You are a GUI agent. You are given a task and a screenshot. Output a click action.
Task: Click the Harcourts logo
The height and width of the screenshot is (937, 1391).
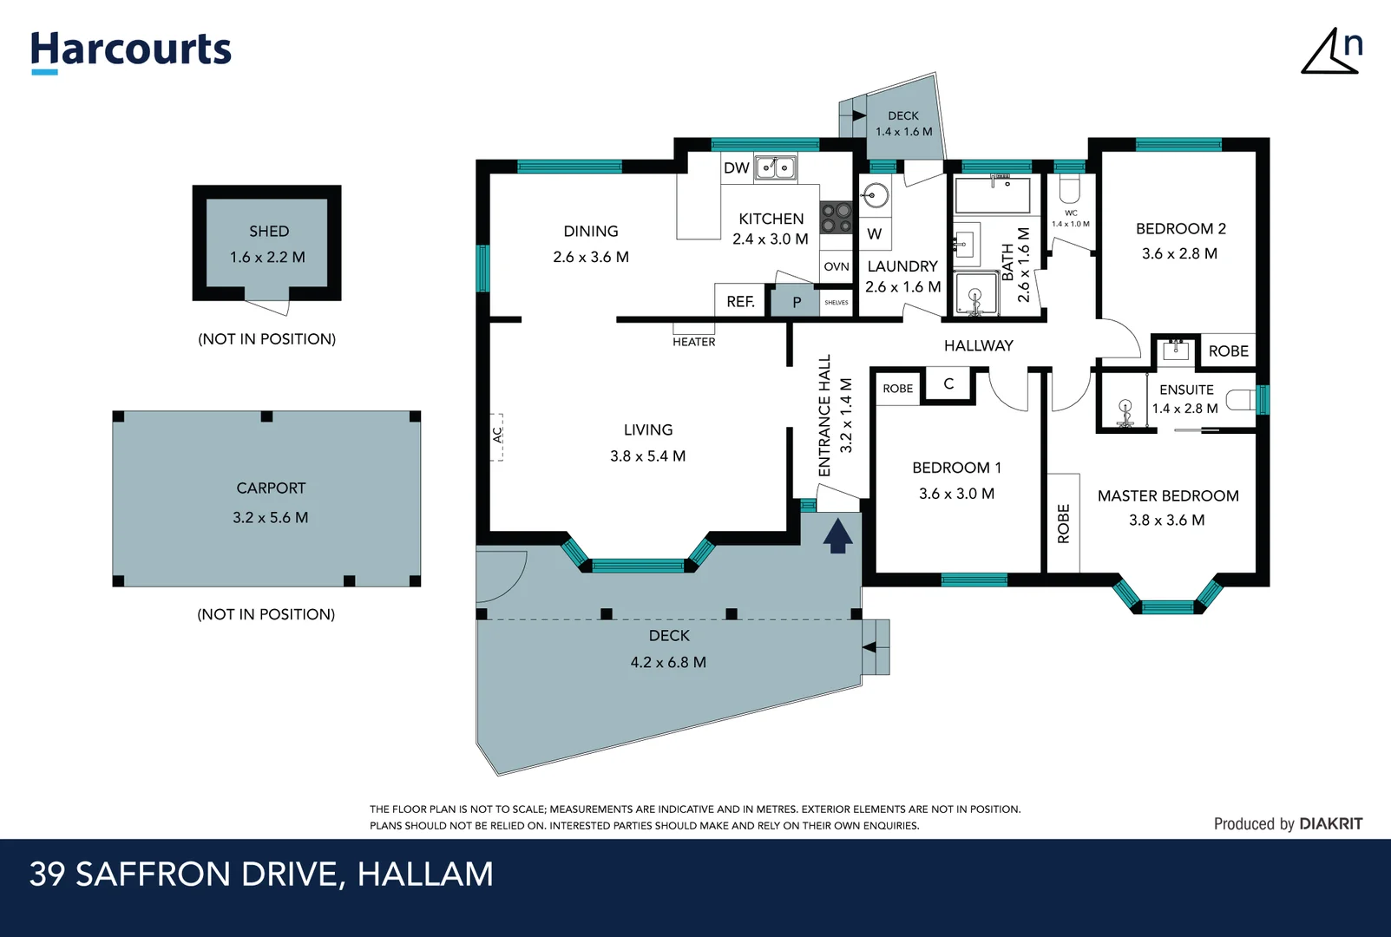click(x=130, y=50)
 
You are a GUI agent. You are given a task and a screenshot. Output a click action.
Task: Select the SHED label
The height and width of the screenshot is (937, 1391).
click(x=269, y=232)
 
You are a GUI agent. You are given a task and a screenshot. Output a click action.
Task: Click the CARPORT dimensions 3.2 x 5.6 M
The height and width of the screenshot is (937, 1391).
click(x=270, y=518)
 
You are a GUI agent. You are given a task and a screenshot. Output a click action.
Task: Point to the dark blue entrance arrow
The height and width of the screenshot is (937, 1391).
click(x=837, y=536)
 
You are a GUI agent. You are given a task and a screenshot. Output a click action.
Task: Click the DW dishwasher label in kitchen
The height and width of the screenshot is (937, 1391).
click(x=736, y=168)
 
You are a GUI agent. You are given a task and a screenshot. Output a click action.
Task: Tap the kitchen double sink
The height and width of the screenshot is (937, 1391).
click(x=775, y=167)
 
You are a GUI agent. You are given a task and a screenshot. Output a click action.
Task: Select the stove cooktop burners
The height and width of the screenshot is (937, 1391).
click(x=837, y=218)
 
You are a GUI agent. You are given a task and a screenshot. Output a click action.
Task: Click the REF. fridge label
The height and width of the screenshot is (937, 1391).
click(x=740, y=302)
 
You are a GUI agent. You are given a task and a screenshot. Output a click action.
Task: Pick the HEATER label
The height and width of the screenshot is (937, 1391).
click(x=694, y=342)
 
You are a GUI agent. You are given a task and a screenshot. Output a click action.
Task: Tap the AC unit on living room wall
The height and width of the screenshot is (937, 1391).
click(x=497, y=436)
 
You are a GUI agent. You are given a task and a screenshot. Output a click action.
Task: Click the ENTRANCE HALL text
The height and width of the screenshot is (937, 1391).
click(x=825, y=416)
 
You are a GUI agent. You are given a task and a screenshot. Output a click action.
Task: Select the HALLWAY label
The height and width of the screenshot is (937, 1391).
click(x=978, y=345)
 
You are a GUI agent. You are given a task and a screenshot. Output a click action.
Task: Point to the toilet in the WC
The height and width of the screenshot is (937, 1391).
click(x=1070, y=189)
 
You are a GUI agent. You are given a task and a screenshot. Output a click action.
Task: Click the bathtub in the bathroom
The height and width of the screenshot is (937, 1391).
click(x=992, y=196)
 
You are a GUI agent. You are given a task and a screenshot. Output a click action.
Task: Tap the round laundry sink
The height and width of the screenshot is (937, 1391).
click(x=876, y=196)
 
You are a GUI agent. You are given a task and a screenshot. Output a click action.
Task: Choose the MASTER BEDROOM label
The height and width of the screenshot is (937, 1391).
click(x=1168, y=495)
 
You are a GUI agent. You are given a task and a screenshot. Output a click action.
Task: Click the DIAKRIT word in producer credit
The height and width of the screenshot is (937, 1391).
click(x=1331, y=824)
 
